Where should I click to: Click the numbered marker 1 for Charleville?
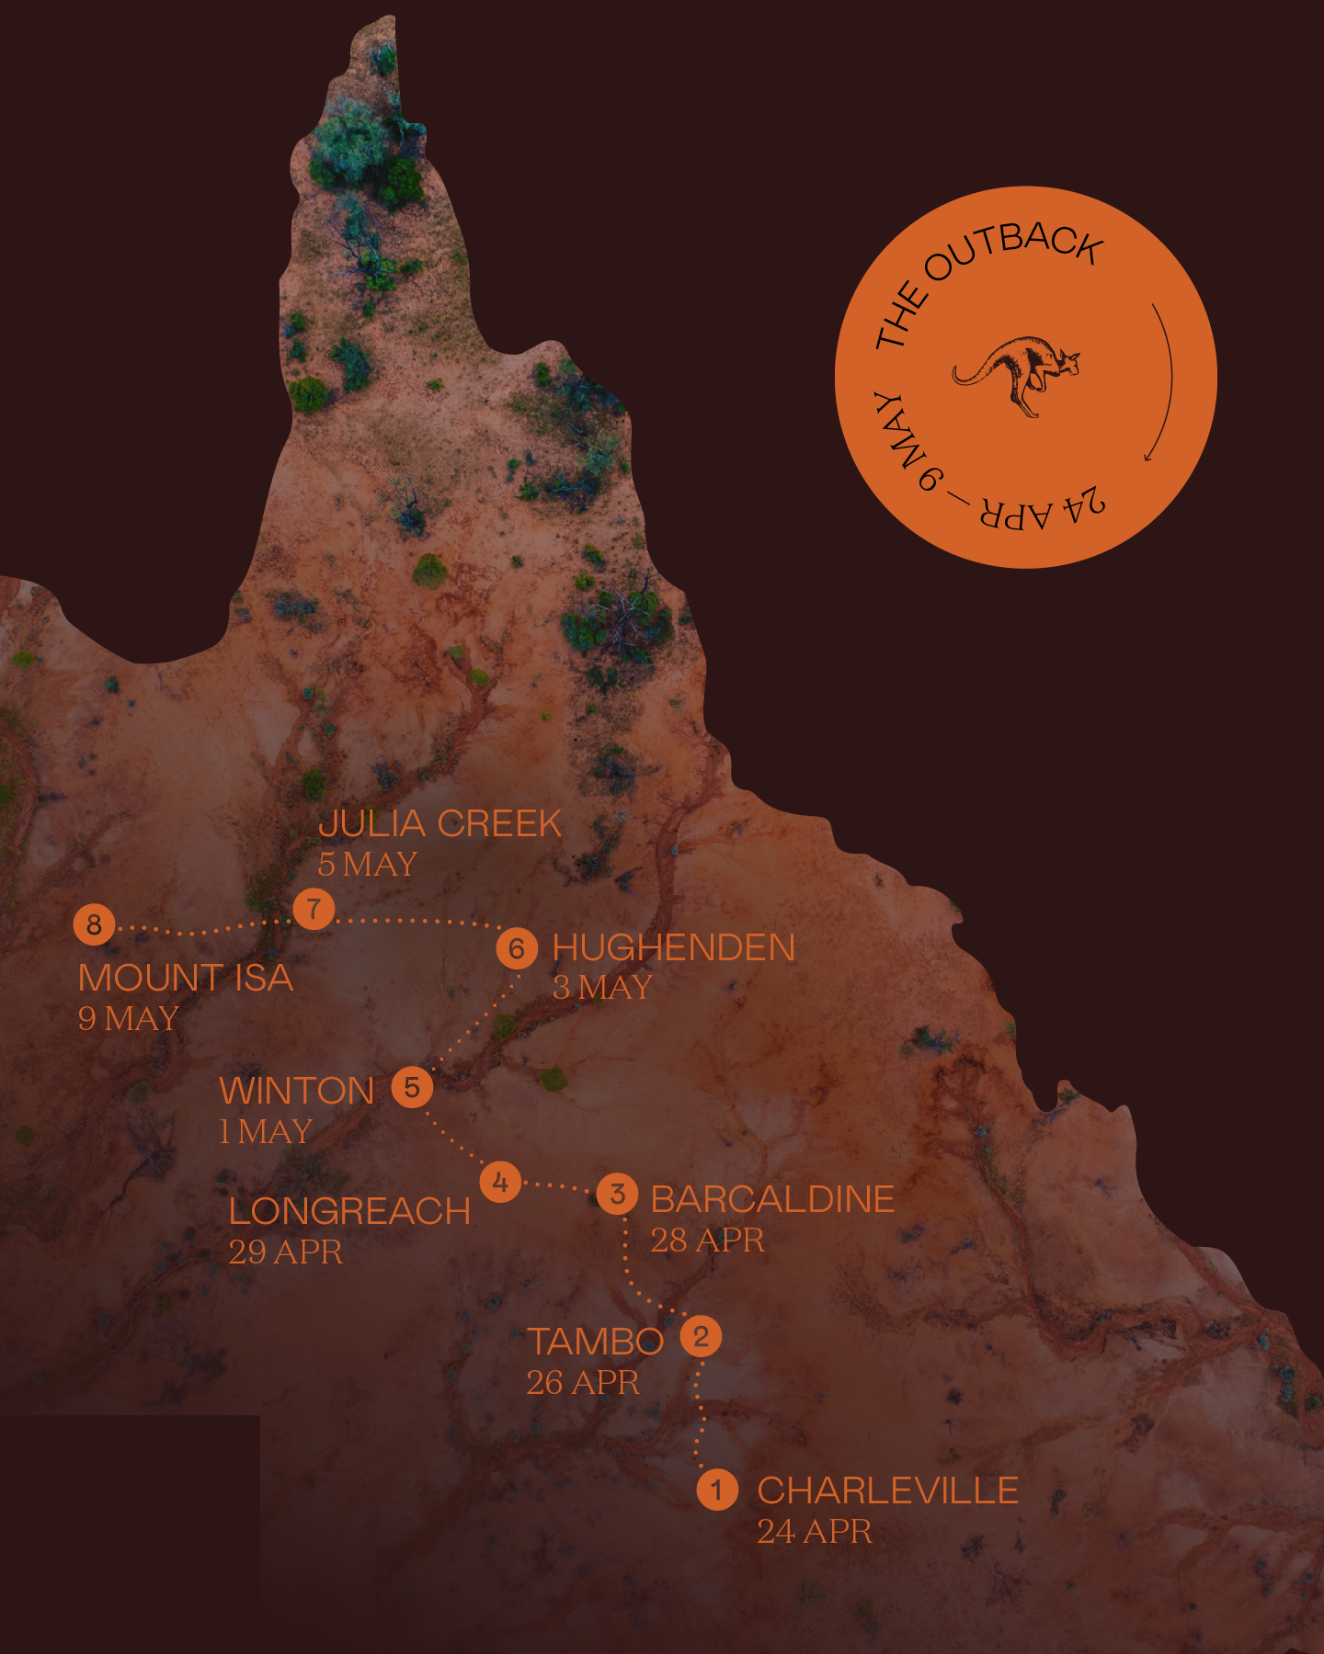point(717,1490)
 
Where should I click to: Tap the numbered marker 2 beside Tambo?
point(701,1336)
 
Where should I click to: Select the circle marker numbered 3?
point(618,1194)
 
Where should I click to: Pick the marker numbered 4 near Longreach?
point(500,1182)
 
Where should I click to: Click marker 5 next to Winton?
point(412,1087)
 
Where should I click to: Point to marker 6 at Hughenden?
point(517,948)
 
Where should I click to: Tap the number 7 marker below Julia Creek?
point(314,909)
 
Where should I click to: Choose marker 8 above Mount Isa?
point(94,924)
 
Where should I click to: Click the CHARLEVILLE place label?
point(887,1490)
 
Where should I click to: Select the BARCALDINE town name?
point(772,1199)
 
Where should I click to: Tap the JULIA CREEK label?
point(439,823)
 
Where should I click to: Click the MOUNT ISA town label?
point(186,978)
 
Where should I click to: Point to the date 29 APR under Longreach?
point(285,1252)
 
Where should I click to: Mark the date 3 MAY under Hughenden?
point(602,988)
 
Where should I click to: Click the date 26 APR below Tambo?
point(582,1382)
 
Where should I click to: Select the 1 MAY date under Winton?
point(266,1131)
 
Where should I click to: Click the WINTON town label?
point(297,1091)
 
